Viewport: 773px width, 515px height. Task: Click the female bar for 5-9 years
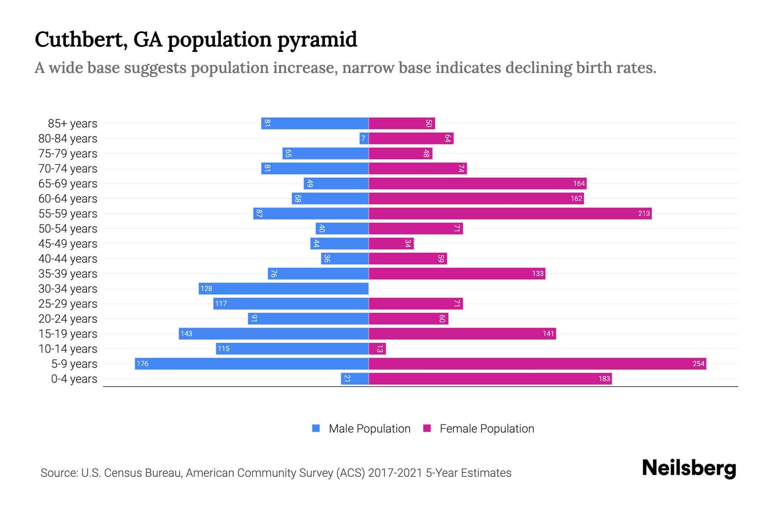(x=537, y=364)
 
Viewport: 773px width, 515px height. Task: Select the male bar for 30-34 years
(x=283, y=289)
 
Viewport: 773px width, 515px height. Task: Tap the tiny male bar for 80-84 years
(x=364, y=139)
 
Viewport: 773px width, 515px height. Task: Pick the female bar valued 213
(x=510, y=214)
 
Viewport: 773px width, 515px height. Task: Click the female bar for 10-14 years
(x=377, y=349)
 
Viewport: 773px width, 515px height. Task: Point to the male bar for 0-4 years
(x=355, y=379)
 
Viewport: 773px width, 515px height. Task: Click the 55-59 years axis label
(x=68, y=214)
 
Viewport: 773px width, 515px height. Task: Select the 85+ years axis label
(x=73, y=124)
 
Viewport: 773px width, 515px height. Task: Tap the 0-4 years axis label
(x=74, y=379)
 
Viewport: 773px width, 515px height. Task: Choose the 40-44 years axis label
(x=68, y=259)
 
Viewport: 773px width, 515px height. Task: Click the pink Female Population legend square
(x=427, y=428)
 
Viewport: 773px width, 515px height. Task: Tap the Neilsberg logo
(x=689, y=468)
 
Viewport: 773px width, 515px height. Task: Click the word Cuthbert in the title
(x=81, y=39)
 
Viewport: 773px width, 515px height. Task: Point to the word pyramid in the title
(x=317, y=39)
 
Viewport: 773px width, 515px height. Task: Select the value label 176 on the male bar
(x=142, y=364)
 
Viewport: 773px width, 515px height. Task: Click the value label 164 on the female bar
(x=579, y=184)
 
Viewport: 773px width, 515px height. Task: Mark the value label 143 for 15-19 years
(x=186, y=334)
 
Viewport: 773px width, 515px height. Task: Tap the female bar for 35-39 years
(x=457, y=274)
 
